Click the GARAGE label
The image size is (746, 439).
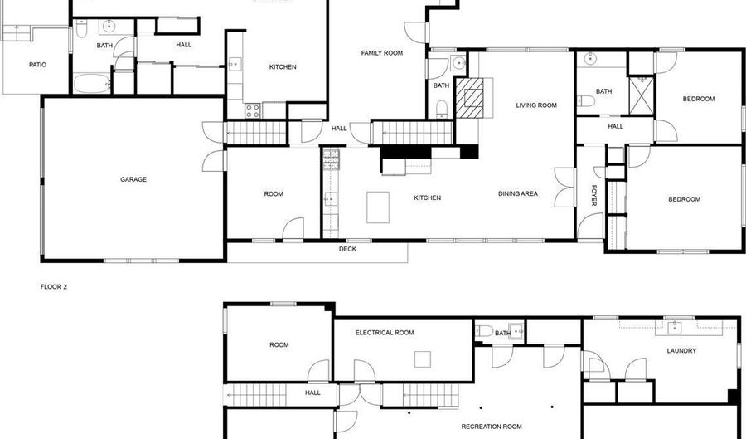pyautogui.click(x=133, y=179)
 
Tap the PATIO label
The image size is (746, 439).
pyautogui.click(x=37, y=64)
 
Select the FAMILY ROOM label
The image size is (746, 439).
pyautogui.click(x=381, y=53)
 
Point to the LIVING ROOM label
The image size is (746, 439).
pyautogui.click(x=536, y=105)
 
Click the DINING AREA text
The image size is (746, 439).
pyautogui.click(x=518, y=194)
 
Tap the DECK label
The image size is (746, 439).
pyautogui.click(x=347, y=249)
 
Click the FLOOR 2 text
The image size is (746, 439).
pyautogui.click(x=54, y=287)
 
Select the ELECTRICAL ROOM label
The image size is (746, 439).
pyautogui.click(x=385, y=333)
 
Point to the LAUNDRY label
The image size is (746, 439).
pyautogui.click(x=681, y=351)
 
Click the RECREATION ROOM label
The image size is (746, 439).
pyautogui.click(x=492, y=427)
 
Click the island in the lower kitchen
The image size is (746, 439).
pyautogui.click(x=379, y=206)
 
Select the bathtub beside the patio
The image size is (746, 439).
pyautogui.click(x=90, y=83)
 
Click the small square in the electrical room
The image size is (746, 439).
pyautogui.click(x=424, y=359)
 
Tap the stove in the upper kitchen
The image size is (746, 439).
pyautogui.click(x=252, y=109)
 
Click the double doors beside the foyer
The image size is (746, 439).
pyautogui.click(x=564, y=188)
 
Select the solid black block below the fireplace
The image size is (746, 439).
pyautogui.click(x=468, y=152)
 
